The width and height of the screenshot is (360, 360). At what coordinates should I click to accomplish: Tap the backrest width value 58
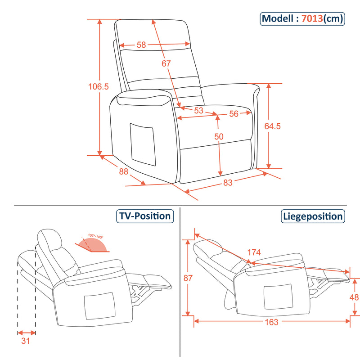(141, 45)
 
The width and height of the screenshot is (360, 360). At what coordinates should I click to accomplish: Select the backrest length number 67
(166, 63)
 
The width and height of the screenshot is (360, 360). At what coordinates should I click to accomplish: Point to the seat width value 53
(198, 110)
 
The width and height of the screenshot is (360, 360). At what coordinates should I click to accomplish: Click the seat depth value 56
(234, 114)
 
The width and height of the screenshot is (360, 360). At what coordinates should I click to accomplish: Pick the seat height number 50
(219, 136)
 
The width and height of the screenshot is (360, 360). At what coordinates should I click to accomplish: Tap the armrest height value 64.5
(273, 126)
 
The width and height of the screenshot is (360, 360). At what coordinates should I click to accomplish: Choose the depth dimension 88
(124, 171)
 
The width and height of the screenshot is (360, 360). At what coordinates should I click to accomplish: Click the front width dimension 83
(228, 182)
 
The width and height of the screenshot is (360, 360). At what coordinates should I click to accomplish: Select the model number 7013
(312, 18)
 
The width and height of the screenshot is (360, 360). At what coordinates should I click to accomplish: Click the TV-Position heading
(145, 216)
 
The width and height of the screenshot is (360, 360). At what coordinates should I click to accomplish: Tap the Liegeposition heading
(313, 216)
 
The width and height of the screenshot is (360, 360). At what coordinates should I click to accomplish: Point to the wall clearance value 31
(26, 341)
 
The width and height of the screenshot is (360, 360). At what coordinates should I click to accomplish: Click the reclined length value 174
(253, 252)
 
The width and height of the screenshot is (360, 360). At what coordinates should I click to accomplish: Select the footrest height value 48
(355, 297)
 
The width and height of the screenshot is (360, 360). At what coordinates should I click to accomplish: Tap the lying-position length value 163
(272, 322)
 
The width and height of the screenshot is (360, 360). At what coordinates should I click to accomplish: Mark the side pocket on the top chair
(142, 142)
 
